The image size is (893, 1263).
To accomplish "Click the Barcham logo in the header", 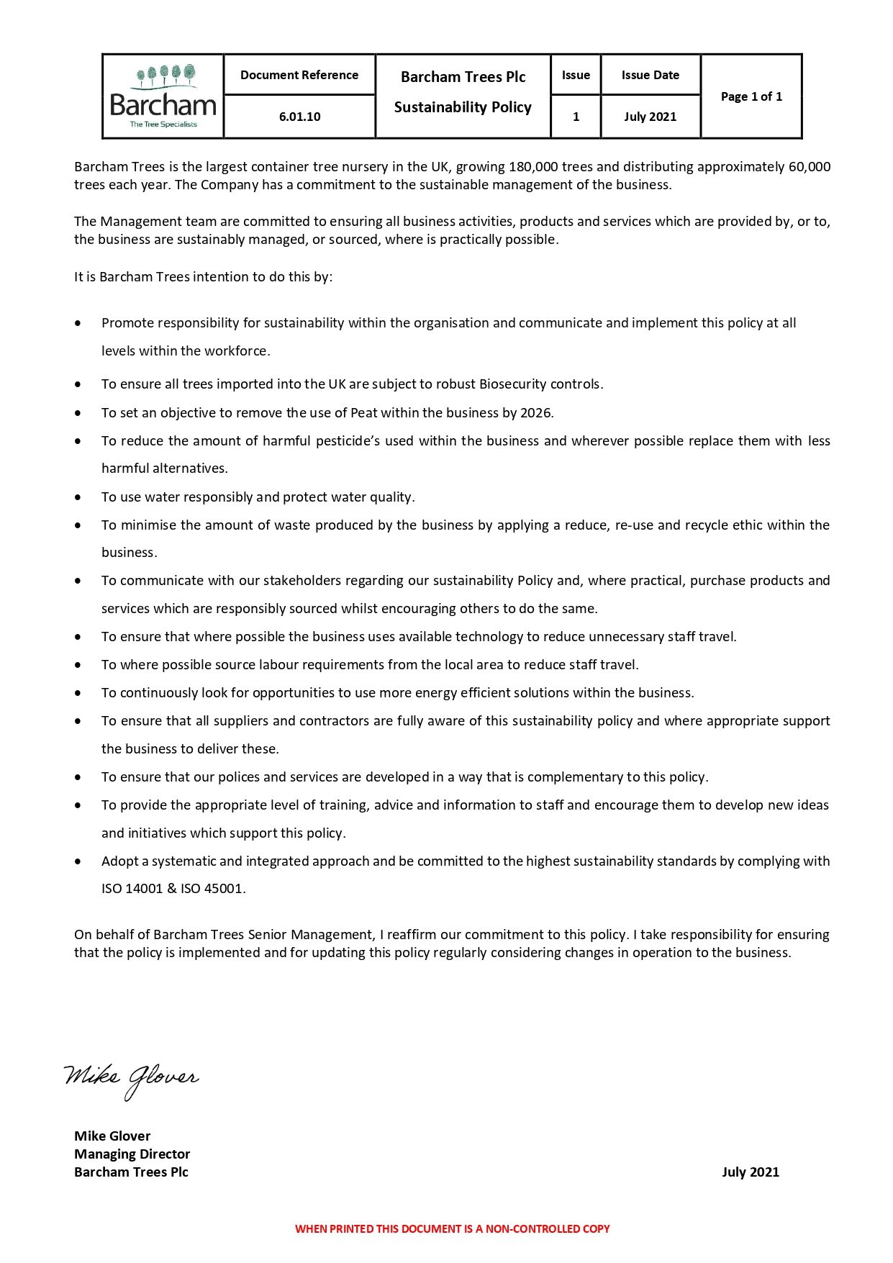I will (x=163, y=96).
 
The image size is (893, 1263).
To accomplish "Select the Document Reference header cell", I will (x=299, y=75).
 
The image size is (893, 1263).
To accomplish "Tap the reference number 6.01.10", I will (x=299, y=117).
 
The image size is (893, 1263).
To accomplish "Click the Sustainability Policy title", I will (x=463, y=107).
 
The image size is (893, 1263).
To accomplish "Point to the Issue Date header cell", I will (x=650, y=75).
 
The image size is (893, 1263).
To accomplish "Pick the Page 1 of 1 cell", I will (x=751, y=96).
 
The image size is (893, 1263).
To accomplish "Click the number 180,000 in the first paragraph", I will (x=533, y=167).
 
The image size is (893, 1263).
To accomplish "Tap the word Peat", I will (x=363, y=413).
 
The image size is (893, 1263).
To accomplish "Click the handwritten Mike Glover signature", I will (x=131, y=1078).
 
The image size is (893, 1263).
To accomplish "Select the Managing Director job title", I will (x=132, y=1154).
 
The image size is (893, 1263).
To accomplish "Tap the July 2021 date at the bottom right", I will (x=750, y=1172).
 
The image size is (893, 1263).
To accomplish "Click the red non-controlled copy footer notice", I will (x=452, y=1228).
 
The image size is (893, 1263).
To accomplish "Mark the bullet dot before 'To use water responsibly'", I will (x=78, y=497).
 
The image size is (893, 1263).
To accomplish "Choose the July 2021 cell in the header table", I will (x=650, y=117).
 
